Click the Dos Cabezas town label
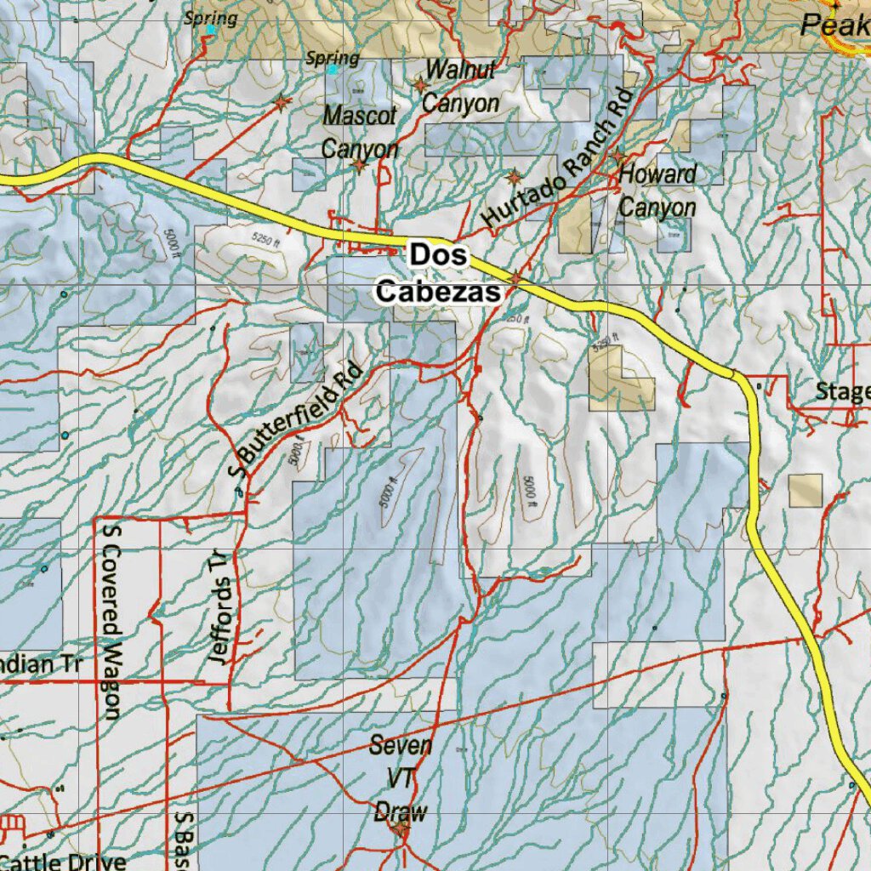pos(438,273)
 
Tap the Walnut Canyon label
pos(460,87)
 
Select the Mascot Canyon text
pos(360,131)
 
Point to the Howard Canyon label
pos(658,191)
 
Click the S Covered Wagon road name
pos(111,621)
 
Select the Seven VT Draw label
pos(401,779)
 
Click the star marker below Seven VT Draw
pos(401,826)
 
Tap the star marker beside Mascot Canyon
pos(360,164)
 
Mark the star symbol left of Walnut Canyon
pos(419,85)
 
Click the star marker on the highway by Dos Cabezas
pos(515,278)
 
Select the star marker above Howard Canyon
pos(618,157)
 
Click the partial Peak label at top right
pos(834,25)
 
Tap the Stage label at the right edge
pos(842,391)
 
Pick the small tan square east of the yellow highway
pos(805,491)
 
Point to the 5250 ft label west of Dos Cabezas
pos(265,242)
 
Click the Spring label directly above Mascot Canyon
pos(332,59)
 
